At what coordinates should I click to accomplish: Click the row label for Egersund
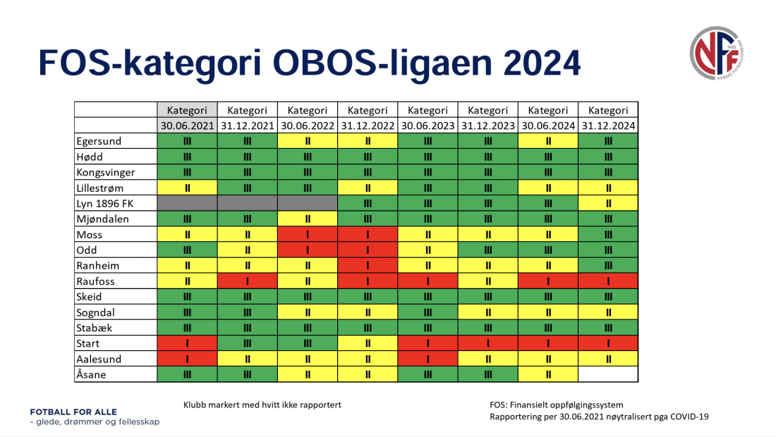click(99, 141)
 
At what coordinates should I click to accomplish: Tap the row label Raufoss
click(96, 281)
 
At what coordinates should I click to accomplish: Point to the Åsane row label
click(91, 374)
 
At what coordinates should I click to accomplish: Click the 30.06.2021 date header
click(187, 125)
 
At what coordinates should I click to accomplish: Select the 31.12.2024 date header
click(608, 125)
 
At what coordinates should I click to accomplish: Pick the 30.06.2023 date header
click(428, 125)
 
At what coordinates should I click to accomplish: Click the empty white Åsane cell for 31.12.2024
click(608, 374)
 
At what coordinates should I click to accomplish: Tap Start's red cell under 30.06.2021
click(187, 343)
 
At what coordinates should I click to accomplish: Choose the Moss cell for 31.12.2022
click(368, 235)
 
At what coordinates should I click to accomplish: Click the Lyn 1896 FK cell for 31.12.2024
click(608, 203)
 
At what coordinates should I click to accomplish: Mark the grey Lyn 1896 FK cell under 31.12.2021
click(247, 203)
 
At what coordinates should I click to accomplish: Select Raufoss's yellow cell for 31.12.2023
click(487, 281)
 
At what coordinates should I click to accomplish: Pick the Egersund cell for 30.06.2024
click(548, 141)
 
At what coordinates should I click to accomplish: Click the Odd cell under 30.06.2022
click(308, 250)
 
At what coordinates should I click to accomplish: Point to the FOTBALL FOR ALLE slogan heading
click(73, 412)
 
